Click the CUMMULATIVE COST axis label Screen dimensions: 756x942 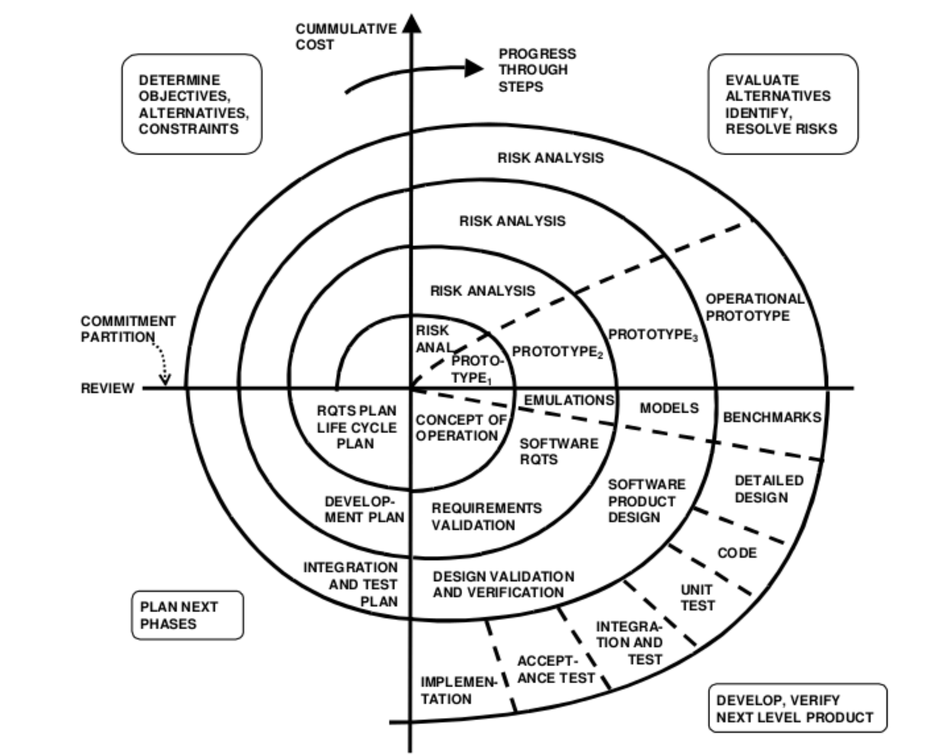(345, 36)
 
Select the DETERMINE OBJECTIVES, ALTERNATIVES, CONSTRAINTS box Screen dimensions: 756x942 (192, 104)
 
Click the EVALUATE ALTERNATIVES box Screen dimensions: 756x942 (782, 104)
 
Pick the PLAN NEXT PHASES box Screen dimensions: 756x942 (187, 615)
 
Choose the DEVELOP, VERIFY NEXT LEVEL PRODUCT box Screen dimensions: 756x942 (797, 708)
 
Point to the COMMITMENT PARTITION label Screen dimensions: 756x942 (127, 329)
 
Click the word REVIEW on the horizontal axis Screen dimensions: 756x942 (107, 388)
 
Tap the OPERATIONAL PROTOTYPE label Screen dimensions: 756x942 (755, 307)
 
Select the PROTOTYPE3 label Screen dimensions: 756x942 (653, 335)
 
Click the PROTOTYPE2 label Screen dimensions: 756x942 (557, 352)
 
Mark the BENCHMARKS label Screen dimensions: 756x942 (772, 417)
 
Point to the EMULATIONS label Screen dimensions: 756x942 (569, 400)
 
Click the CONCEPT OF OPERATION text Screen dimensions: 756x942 (460, 428)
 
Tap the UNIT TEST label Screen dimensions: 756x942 (697, 598)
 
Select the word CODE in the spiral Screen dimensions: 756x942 (737, 553)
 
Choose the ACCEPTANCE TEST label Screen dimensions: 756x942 (555, 670)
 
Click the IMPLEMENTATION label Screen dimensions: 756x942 (458, 690)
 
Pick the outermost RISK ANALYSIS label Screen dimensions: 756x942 (550, 158)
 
